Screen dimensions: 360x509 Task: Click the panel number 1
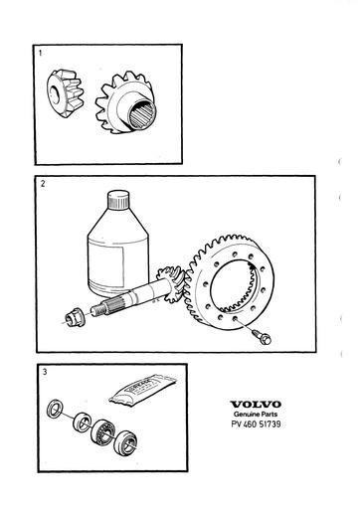click(41, 51)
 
